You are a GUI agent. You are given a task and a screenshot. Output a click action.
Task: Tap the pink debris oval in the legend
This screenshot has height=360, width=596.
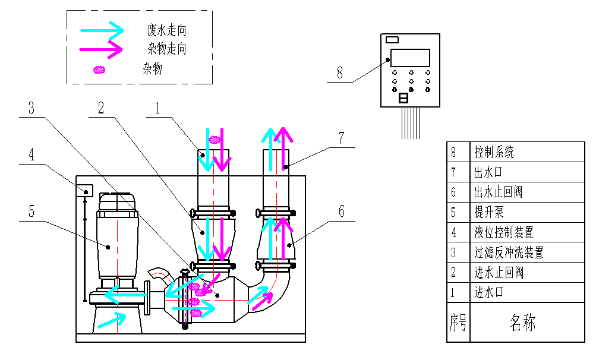click(100, 70)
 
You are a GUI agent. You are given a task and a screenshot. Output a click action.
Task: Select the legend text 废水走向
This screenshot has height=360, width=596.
click(171, 30)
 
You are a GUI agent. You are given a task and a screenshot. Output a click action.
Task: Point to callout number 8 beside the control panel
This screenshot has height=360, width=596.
click(340, 73)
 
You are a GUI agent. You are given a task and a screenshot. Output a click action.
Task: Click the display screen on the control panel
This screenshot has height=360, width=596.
click(410, 58)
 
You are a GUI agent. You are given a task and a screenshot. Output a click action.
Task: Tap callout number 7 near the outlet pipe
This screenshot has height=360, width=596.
click(341, 138)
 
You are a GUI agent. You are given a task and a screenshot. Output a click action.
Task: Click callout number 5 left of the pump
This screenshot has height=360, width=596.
click(31, 211)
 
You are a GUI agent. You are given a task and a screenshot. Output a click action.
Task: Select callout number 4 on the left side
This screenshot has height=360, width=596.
click(31, 154)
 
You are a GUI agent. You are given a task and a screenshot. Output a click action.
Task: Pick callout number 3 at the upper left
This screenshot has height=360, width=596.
click(31, 108)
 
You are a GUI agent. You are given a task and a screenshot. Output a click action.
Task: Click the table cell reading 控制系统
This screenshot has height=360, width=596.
click(494, 151)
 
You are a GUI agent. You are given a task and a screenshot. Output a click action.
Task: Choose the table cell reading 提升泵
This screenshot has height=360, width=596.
click(488, 212)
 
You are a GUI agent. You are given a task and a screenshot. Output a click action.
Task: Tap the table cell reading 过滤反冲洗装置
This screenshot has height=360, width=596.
click(509, 252)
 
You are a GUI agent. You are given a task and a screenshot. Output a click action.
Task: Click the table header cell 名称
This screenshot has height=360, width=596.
click(523, 323)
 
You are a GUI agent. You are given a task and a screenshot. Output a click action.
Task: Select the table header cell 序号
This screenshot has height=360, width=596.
click(458, 323)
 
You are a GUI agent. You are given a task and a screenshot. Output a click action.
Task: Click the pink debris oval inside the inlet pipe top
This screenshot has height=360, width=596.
click(215, 140)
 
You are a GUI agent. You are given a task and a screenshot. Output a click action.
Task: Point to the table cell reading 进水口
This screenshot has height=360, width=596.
click(488, 292)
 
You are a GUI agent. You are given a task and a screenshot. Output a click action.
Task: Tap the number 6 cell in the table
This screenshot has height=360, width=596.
click(453, 192)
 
